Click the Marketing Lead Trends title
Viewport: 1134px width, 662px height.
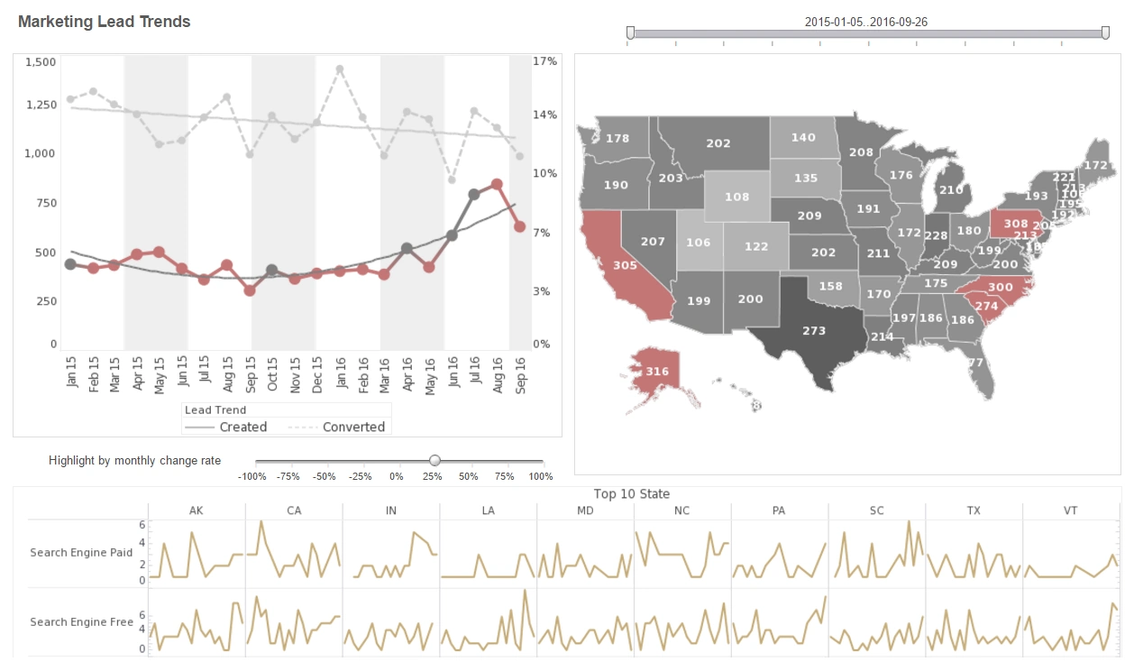[x=105, y=22]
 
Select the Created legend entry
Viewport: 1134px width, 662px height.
[x=242, y=427]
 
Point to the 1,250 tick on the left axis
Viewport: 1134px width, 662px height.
[x=40, y=106]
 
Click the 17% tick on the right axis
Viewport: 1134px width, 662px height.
[x=544, y=61]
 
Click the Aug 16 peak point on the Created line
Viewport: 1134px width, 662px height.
[x=497, y=184]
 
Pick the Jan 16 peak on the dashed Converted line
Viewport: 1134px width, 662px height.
[x=340, y=69]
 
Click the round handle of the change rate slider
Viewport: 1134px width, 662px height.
[x=434, y=460]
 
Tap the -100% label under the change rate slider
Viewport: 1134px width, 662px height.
[x=252, y=476]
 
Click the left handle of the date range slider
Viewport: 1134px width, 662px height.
[x=630, y=33]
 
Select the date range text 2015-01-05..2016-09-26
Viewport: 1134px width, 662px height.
[x=865, y=22]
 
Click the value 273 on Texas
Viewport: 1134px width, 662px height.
[x=814, y=330]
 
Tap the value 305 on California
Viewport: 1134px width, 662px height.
[x=625, y=265]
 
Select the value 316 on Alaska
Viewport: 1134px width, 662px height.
[x=657, y=372]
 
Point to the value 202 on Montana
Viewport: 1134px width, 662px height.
[x=718, y=143]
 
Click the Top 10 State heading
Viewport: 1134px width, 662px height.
[x=631, y=493]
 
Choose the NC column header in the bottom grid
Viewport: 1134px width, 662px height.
[x=681, y=510]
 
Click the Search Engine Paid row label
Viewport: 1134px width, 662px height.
[x=81, y=552]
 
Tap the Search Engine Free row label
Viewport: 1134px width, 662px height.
[x=81, y=621]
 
